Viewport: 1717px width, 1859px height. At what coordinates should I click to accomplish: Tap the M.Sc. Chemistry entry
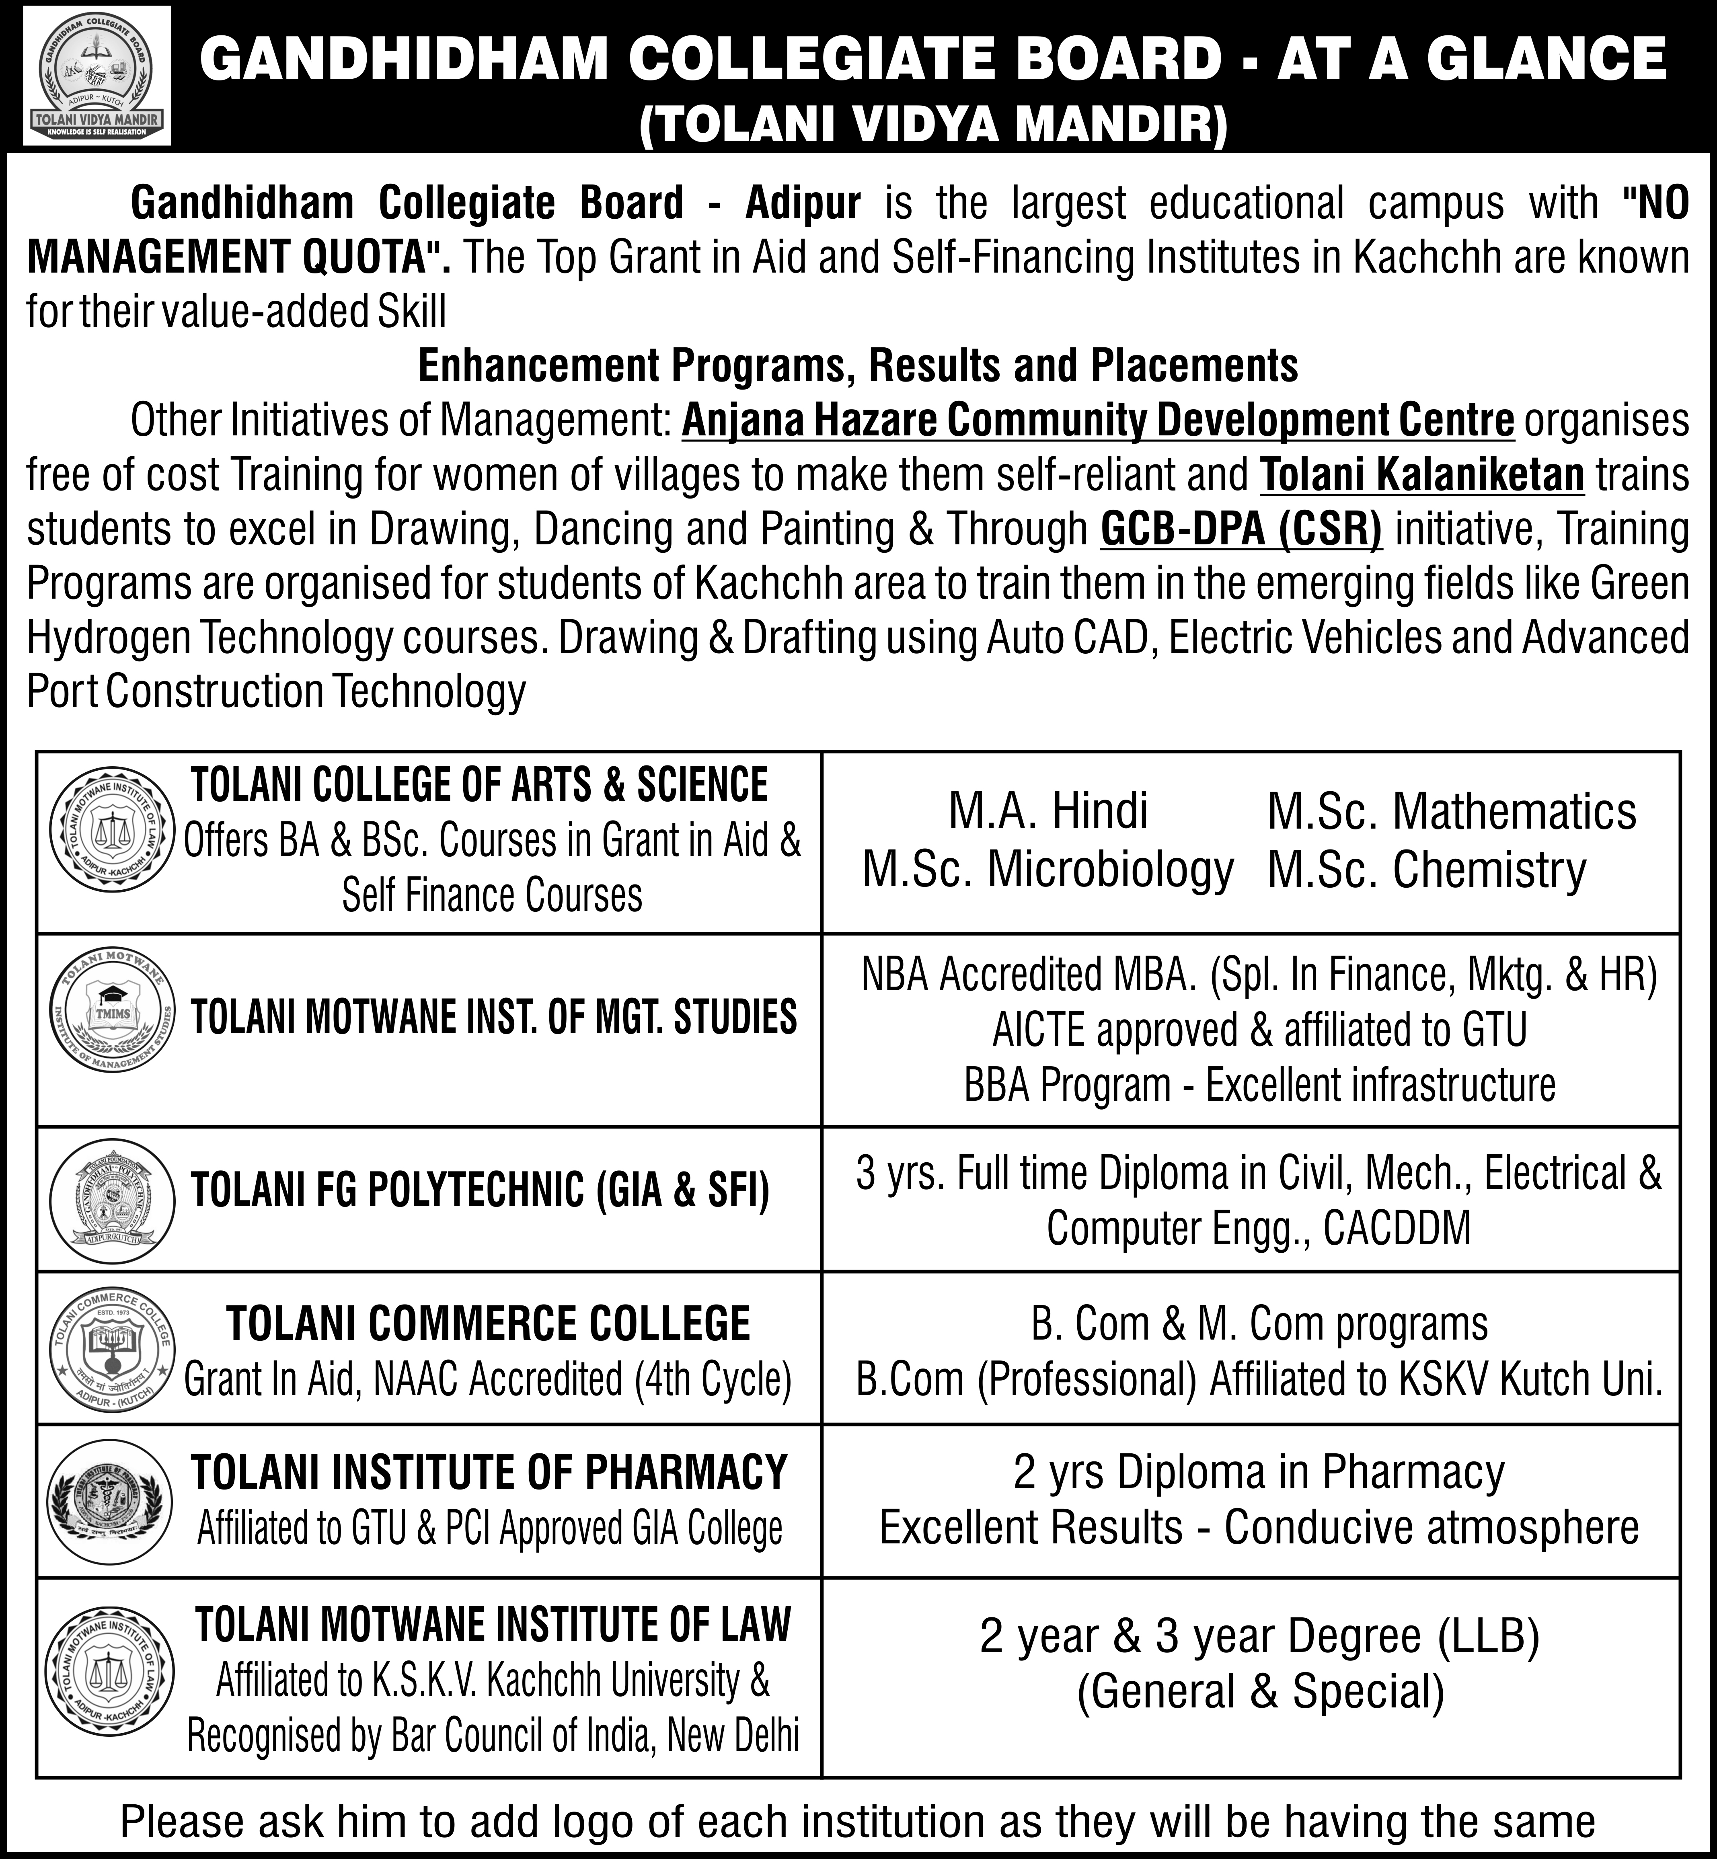coord(1426,870)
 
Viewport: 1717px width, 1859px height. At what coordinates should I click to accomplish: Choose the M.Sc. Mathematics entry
coord(1451,811)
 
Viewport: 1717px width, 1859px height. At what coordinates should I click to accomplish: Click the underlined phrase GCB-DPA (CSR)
coord(1241,529)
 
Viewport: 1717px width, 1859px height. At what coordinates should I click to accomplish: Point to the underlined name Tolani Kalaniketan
coord(1421,475)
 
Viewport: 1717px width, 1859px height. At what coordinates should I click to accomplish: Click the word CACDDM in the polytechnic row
coord(1397,1228)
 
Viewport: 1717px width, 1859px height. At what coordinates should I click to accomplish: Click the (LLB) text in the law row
coord(1489,1636)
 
